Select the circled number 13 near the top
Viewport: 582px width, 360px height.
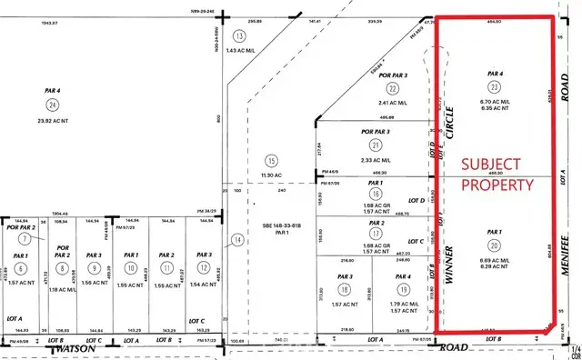pyautogui.click(x=239, y=35)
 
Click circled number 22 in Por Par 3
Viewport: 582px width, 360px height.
pyautogui.click(x=392, y=88)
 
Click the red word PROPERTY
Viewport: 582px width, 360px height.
pyautogui.click(x=497, y=184)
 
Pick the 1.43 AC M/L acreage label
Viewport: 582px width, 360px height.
pyautogui.click(x=239, y=52)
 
